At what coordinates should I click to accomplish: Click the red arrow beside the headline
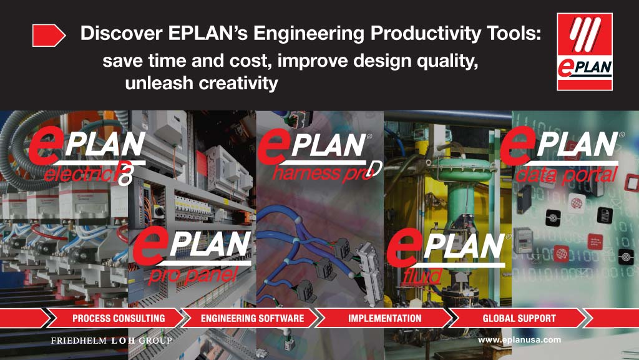pyautogui.click(x=49, y=36)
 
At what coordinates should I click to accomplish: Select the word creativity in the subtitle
pyautogui.click(x=238, y=83)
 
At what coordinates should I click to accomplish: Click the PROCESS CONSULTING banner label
pyautogui.click(x=119, y=318)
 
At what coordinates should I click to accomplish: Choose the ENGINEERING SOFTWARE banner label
pyautogui.click(x=252, y=318)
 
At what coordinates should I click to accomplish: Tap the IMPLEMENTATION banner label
pyautogui.click(x=384, y=318)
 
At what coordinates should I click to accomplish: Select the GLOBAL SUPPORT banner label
pyautogui.click(x=519, y=318)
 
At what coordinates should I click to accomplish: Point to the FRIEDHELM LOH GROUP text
pyautogui.click(x=111, y=341)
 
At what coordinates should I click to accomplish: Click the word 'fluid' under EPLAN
pyautogui.click(x=431, y=275)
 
